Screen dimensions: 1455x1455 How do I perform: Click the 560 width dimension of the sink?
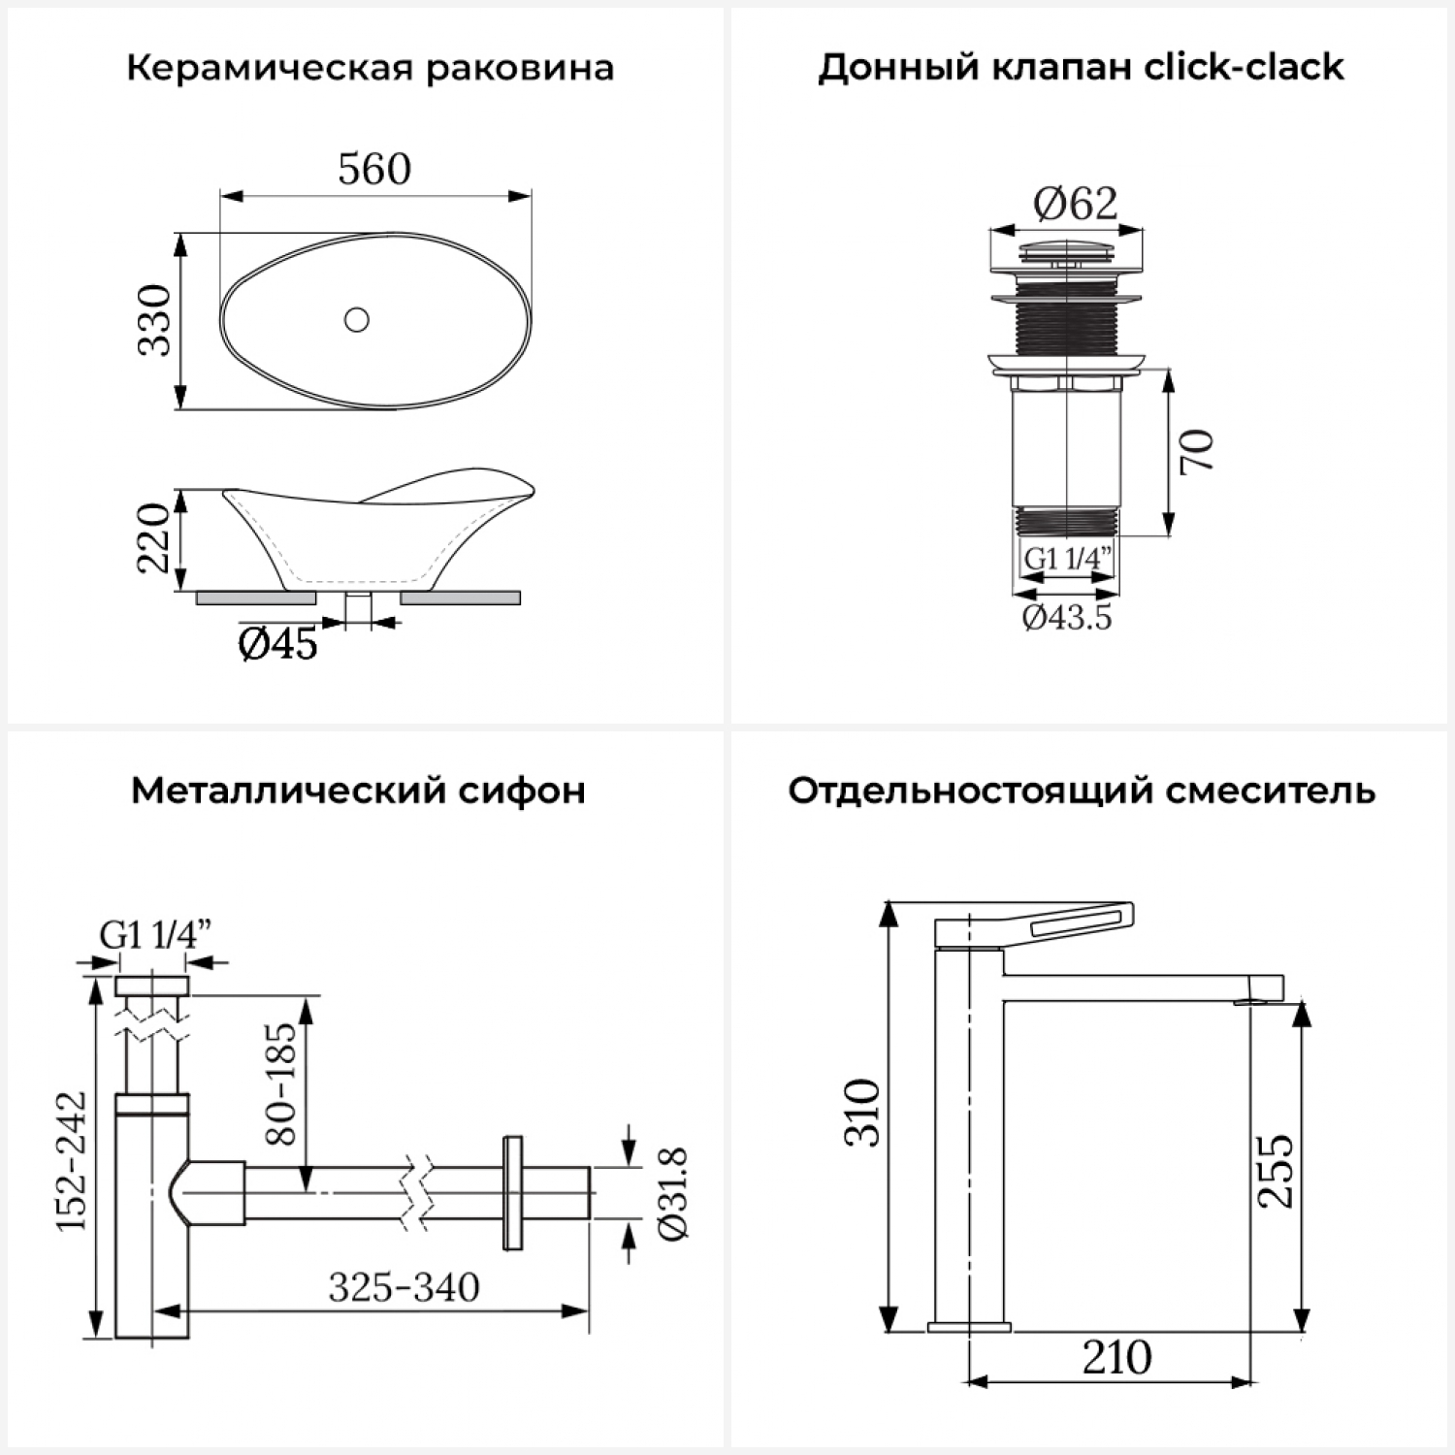pyautogui.click(x=374, y=170)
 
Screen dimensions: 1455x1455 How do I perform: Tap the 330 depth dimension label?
pyautogui.click(x=154, y=320)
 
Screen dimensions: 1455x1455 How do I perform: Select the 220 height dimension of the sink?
pyautogui.click(x=154, y=538)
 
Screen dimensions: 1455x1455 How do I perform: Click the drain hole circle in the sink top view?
pyautogui.click(x=357, y=319)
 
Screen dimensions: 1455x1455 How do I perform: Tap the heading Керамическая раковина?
pyautogui.click(x=370, y=69)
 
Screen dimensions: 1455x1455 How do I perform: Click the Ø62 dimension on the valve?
pyautogui.click(x=1075, y=203)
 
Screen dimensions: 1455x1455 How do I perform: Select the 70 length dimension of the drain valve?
pyautogui.click(x=1198, y=451)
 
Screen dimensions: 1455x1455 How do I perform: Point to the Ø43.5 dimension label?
pyautogui.click(x=1067, y=617)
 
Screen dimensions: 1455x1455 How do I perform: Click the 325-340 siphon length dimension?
pyautogui.click(x=404, y=1287)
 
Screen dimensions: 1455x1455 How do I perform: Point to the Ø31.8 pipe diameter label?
pyautogui.click(x=672, y=1193)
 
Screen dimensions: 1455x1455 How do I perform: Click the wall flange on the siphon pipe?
pyautogui.click(x=512, y=1192)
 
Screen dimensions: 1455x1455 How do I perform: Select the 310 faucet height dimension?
pyautogui.click(x=862, y=1113)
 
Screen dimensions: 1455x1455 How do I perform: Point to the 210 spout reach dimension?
pyautogui.click(x=1116, y=1357)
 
